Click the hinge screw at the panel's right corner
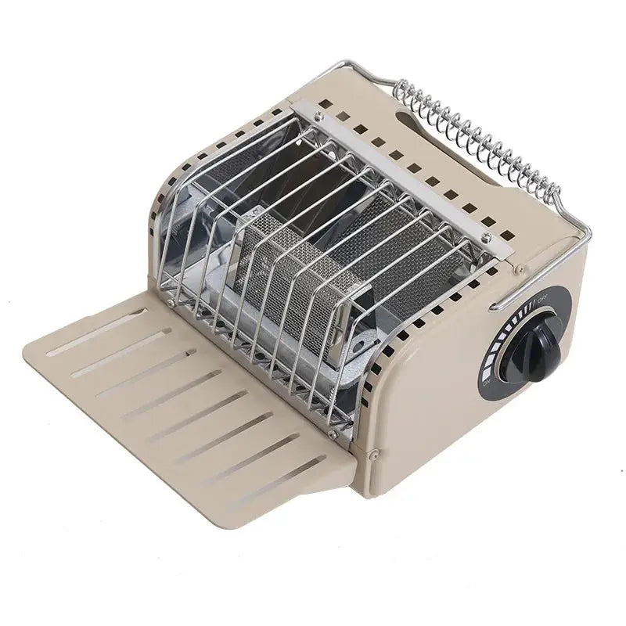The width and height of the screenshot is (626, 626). [376, 452]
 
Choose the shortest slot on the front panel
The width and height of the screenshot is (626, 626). [146, 311]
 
